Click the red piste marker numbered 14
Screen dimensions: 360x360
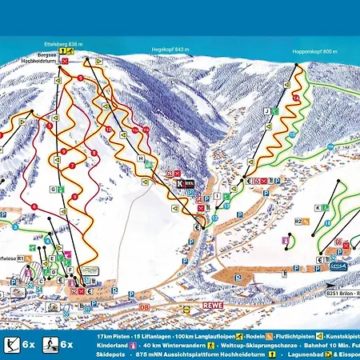click(x=295, y=98)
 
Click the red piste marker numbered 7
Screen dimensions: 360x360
click(x=72, y=165)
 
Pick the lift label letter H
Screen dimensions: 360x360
click(x=140, y=159)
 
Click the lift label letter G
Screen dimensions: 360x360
click(x=52, y=190)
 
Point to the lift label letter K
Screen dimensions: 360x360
click(x=318, y=207)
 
